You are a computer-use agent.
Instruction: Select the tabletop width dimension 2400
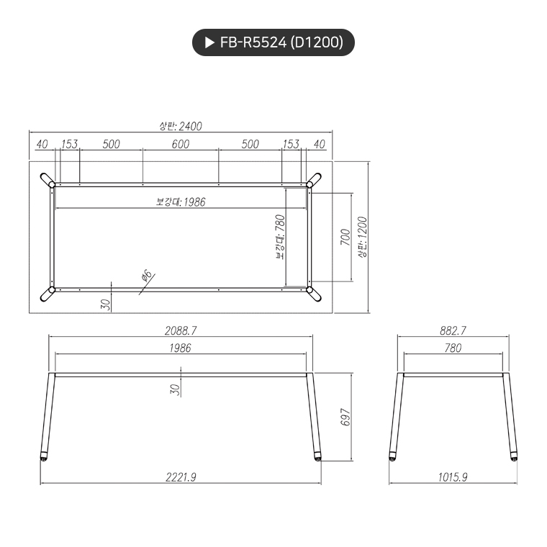(181, 126)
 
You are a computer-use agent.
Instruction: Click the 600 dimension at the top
(180, 144)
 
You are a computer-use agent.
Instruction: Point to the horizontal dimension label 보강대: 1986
(181, 202)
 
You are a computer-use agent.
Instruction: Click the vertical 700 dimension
(345, 237)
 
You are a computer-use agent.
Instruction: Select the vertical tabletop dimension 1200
(362, 237)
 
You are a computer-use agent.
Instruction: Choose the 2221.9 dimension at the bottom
(181, 477)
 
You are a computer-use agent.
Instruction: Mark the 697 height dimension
(345, 417)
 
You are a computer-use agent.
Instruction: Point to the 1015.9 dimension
(453, 477)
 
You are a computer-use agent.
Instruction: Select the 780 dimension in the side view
(453, 348)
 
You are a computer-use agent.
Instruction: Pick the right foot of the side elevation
(513, 456)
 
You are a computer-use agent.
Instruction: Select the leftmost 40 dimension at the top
(42, 144)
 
